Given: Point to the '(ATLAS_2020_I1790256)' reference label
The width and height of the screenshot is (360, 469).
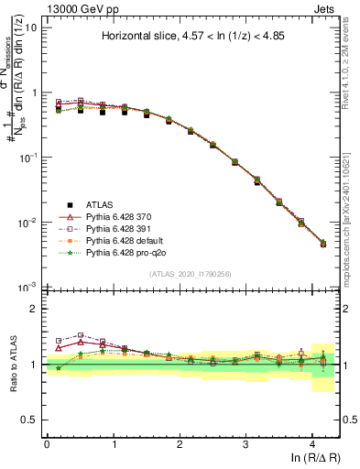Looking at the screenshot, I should [x=191, y=274].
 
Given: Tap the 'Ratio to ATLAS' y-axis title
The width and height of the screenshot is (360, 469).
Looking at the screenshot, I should [x=14, y=364].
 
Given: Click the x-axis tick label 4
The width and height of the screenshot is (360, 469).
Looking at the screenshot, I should [x=312, y=442].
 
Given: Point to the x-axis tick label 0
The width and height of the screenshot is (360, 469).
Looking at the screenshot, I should [x=47, y=442].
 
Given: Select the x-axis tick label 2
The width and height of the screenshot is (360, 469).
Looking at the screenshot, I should [x=180, y=442].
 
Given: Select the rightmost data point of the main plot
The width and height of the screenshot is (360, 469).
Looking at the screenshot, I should [x=322, y=244].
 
